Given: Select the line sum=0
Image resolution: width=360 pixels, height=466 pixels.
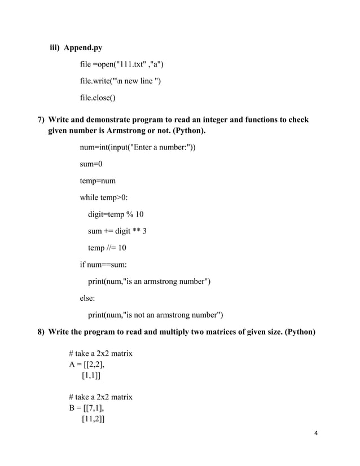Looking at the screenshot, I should pyautogui.click(x=91, y=164).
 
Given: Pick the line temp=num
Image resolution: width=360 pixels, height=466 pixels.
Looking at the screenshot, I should pyautogui.click(x=98, y=181).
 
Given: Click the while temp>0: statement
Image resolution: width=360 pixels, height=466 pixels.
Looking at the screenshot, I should pyautogui.click(x=107, y=197).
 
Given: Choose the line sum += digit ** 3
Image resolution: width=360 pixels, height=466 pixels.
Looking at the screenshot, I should pyautogui.click(x=117, y=231).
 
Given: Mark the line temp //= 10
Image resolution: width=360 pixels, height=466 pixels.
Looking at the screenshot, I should pyautogui.click(x=107, y=248).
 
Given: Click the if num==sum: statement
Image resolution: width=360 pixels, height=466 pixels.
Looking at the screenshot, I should pyautogui.click(x=103, y=264).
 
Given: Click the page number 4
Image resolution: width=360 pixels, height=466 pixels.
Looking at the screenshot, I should pyautogui.click(x=316, y=433).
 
